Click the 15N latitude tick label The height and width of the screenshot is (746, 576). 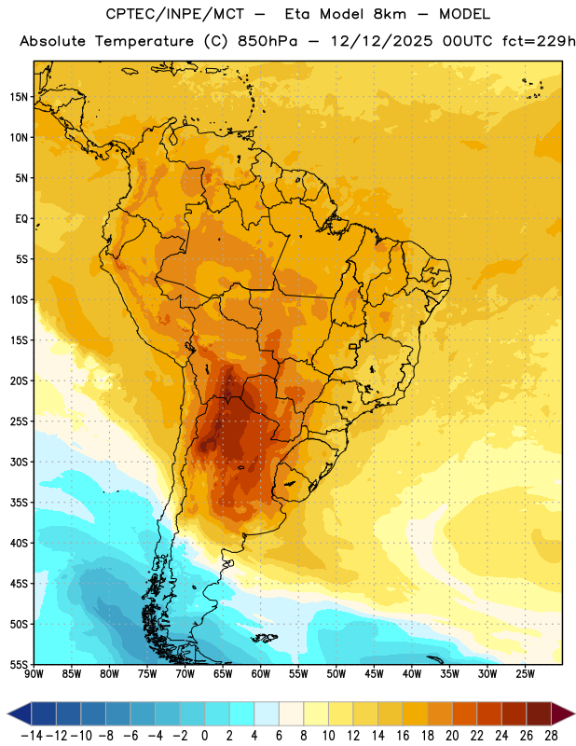coord(19,97)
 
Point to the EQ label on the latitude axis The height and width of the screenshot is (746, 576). coord(21,219)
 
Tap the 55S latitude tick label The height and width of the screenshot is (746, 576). coord(20,664)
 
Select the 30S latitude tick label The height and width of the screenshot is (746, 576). coord(20,462)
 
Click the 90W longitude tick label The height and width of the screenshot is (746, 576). coord(34,673)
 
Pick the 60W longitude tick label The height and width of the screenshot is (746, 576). coord(261,673)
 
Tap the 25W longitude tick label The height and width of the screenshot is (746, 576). coord(525,673)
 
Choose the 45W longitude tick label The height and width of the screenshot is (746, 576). coord(374,673)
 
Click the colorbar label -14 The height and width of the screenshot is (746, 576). coord(32,736)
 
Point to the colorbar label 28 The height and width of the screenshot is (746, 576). coord(551,736)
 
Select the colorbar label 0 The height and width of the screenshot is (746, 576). coord(204,736)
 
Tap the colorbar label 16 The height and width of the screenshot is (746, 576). coord(403,736)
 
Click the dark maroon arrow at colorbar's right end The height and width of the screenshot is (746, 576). coord(562,713)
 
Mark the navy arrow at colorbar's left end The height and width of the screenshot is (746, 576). coord(20,713)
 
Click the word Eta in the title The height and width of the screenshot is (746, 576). coord(297,14)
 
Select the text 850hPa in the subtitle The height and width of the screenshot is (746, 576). coord(267,41)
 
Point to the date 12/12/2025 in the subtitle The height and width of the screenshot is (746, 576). coord(382,41)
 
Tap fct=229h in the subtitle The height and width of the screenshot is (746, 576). coord(539,41)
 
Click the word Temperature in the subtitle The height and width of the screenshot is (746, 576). coord(144,42)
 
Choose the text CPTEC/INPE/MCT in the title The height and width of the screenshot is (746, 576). coord(175,14)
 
